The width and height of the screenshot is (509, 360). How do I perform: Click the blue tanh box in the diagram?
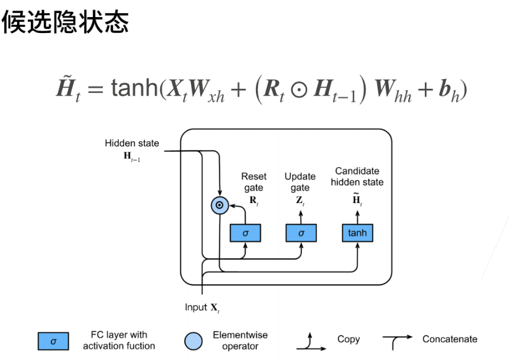[357, 233]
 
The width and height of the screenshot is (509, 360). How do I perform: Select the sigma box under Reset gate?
[245, 233]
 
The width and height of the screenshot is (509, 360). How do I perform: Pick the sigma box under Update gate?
[301, 233]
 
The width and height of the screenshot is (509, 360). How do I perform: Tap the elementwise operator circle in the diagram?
[219, 206]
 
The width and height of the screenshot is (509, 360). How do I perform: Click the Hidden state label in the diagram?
[132, 143]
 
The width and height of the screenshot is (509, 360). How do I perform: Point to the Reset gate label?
[254, 182]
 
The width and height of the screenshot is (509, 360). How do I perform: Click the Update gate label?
[300, 182]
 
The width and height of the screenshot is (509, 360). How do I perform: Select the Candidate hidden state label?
[357, 176]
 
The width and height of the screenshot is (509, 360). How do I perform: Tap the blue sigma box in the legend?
[53, 341]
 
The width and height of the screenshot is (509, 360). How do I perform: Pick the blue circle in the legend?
[193, 341]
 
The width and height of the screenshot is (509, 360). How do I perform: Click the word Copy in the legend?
[348, 339]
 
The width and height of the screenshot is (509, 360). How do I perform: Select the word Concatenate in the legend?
[450, 339]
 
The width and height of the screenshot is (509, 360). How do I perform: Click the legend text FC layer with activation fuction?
[119, 340]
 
